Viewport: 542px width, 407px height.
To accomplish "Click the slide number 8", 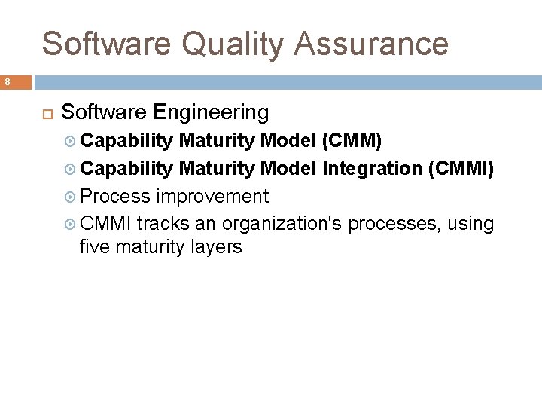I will pos(7,82).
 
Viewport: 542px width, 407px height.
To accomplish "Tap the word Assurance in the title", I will pos(372,44).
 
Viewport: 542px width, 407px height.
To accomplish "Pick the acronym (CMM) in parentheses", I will pos(352,141).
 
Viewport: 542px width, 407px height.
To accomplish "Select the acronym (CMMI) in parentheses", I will pos(460,169).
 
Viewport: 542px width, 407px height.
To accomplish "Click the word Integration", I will pos(372,169).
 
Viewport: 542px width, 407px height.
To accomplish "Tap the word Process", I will pos(114,197).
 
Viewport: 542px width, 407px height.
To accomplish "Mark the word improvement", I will pos(212,197).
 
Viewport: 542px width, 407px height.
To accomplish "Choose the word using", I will pos(470,224).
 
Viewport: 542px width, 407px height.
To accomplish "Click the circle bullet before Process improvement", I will pos(71,197).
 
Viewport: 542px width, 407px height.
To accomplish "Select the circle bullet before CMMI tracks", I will pos(71,225).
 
